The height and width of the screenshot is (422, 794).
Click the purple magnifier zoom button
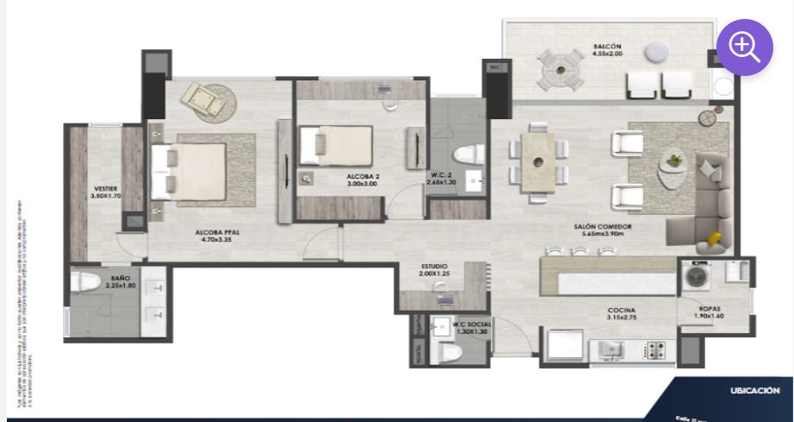pos(745,47)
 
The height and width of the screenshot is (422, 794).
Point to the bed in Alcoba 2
pos(335,144)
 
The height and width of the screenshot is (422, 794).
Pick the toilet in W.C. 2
pos(466,155)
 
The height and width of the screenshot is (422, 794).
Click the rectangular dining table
pos(539,161)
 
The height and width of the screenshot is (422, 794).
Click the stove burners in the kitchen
pos(656,350)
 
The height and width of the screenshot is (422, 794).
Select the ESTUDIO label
pos(434,268)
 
